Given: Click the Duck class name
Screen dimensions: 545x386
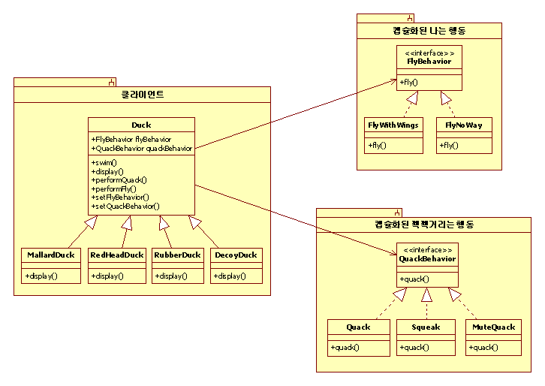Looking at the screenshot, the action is click(x=141, y=125).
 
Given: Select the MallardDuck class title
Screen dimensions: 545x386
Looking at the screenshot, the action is click(x=51, y=255).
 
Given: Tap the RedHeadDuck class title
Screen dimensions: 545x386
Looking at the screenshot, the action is click(x=117, y=255).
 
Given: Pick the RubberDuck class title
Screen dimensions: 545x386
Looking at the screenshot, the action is click(x=177, y=255).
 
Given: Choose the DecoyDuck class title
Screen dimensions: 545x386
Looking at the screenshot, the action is click(x=236, y=255).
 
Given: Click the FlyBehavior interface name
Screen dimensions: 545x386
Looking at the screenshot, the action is click(x=429, y=61).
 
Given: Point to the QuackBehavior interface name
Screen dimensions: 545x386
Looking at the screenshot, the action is click(x=427, y=259).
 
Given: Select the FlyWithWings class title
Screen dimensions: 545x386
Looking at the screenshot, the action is click(x=393, y=125).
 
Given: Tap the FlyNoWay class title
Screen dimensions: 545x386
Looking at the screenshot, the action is click(x=464, y=125).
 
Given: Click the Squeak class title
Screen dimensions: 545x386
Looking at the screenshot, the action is click(x=426, y=327).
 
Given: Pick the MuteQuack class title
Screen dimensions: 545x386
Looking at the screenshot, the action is click(x=493, y=327).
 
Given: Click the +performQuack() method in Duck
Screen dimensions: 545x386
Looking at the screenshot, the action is click(x=119, y=180).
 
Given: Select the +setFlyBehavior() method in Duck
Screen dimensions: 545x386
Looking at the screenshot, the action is click(x=120, y=198).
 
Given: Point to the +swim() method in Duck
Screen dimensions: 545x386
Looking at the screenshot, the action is click(x=104, y=163).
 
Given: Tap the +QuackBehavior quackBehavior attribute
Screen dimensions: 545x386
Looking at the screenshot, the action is click(x=141, y=149).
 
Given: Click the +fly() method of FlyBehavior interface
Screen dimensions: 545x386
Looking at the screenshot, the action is click(x=408, y=83).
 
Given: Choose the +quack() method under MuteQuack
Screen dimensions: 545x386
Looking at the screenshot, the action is click(x=483, y=348).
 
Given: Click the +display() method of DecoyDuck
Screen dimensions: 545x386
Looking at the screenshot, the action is click(x=230, y=276).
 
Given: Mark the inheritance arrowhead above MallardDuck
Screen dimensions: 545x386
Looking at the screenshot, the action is click(x=92, y=222).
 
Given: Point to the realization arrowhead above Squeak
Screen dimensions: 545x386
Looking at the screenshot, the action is click(x=427, y=295).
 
